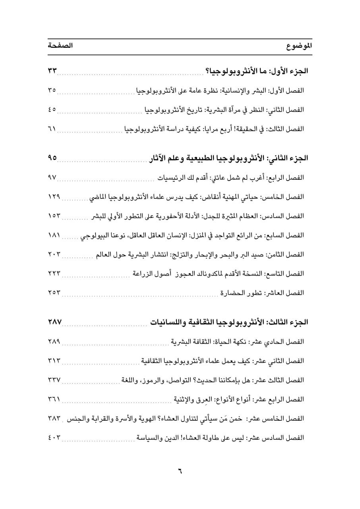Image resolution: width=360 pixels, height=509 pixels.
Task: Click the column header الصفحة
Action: coord(60,45)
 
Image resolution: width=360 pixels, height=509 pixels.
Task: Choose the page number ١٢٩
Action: coord(54,196)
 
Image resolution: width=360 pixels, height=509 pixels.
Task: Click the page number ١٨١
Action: coord(54,235)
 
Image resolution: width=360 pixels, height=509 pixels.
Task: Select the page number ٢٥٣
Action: coord(54,293)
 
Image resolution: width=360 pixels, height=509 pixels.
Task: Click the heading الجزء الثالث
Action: coord(287,322)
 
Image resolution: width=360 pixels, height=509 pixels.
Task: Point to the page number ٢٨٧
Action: coord(54,322)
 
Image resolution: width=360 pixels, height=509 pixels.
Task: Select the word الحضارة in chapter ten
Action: coord(234,293)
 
